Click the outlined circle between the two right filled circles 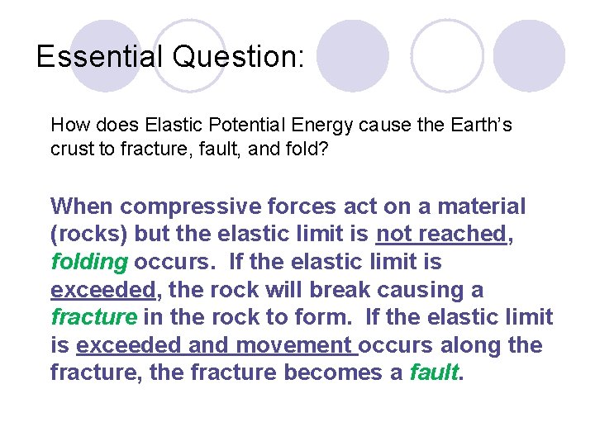pos(447,55)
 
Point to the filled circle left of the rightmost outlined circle pos(353,55)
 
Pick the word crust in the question pos(69,149)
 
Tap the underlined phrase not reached pos(440,235)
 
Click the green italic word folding pos(89,263)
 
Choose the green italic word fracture pos(93,318)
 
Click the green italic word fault pos(433,373)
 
